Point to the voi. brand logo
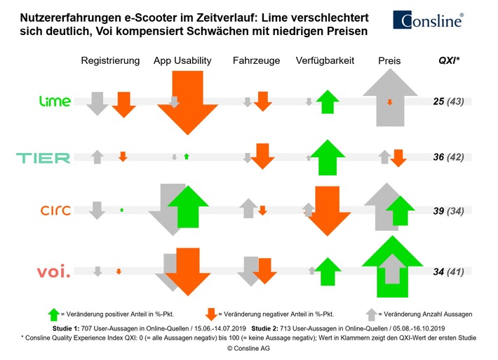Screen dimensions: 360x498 coord(53,270)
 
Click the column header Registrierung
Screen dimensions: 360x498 coord(110,61)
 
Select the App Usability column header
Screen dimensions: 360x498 coord(182,61)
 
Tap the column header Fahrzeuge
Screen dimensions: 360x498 coord(256,61)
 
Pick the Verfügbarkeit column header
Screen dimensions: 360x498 coord(325,61)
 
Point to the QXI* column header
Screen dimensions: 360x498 coord(450,61)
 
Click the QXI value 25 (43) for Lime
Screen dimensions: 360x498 coord(450,102)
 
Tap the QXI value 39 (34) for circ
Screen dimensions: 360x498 coord(450,210)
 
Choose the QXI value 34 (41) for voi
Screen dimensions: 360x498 coord(450,271)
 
